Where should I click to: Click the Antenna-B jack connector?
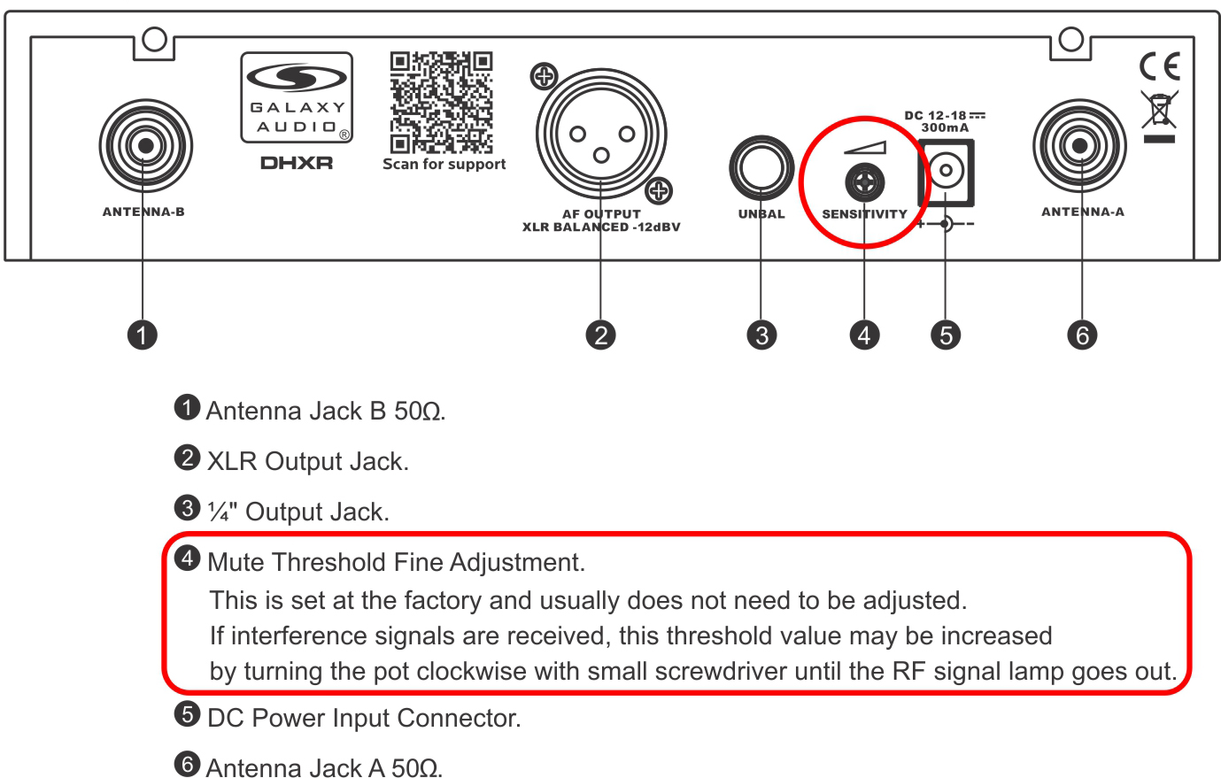click(x=145, y=145)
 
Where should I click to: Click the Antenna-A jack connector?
click(x=1079, y=145)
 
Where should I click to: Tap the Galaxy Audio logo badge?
click(x=297, y=97)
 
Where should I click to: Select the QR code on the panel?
click(x=442, y=103)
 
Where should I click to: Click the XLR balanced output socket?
click(x=600, y=134)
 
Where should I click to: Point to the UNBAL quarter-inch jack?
click(x=761, y=168)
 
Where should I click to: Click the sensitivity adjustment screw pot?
click(x=864, y=182)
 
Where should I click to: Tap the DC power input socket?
click(x=946, y=173)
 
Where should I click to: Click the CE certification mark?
click(x=1160, y=66)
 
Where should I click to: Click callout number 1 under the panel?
click(x=143, y=335)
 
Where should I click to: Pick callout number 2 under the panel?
click(x=600, y=335)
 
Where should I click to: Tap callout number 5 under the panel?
click(x=946, y=335)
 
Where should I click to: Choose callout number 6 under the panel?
click(x=1082, y=335)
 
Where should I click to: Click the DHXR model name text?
click(x=297, y=163)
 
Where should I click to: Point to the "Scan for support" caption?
click(x=444, y=164)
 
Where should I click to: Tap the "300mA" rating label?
click(x=945, y=128)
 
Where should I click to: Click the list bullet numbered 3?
click(x=187, y=508)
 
